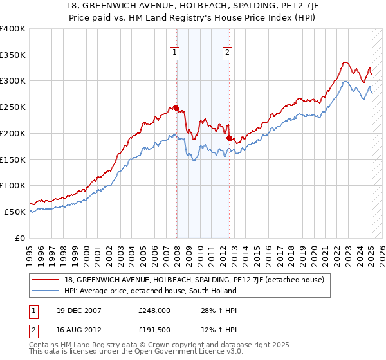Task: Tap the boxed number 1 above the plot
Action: point(175,53)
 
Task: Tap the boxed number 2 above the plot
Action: point(228,53)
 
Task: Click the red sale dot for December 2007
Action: point(176,108)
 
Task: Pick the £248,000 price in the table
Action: point(155,310)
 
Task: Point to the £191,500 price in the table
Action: point(155,330)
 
